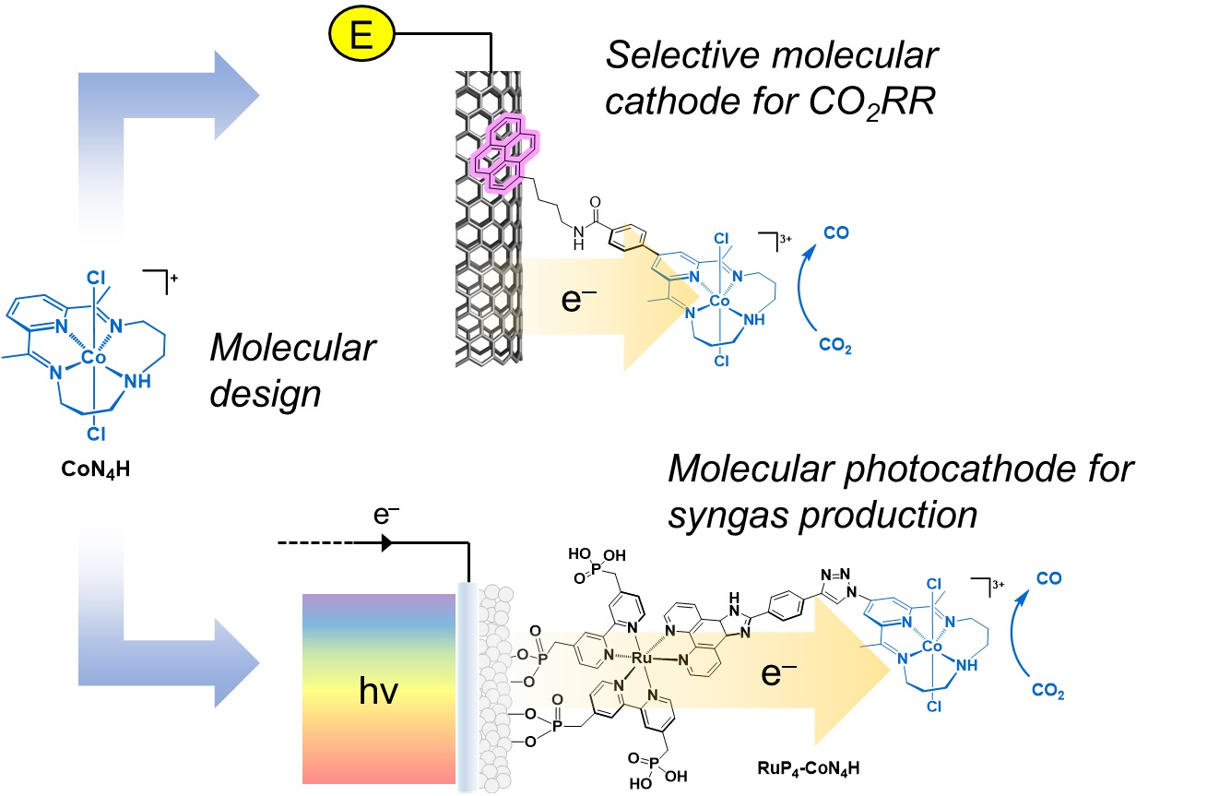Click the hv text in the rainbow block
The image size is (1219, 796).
pos(380,690)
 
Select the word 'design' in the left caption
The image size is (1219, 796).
pos(266,394)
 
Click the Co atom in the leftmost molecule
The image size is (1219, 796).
pos(90,357)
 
